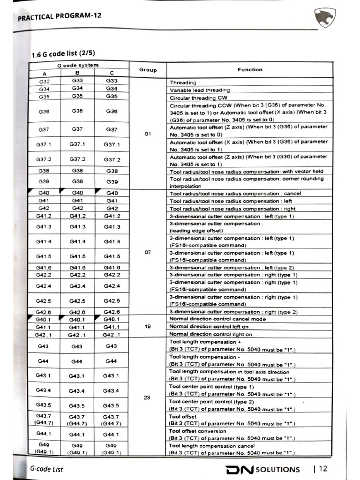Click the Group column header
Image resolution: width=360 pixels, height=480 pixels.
coord(148,70)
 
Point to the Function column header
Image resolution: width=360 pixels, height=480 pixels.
coord(250,70)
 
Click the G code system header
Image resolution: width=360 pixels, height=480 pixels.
coord(78,65)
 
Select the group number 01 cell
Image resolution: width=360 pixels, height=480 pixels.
coord(148,134)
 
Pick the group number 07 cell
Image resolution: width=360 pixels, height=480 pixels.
coord(148,252)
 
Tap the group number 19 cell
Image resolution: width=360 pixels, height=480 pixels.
coord(148,326)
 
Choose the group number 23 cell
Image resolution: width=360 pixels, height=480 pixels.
coord(147,397)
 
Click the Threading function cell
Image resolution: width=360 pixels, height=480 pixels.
coord(183,82)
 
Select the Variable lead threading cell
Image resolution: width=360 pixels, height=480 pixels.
coord(200,90)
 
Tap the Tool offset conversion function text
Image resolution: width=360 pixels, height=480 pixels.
coord(197,431)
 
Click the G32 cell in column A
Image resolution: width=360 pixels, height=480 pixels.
coord(45,82)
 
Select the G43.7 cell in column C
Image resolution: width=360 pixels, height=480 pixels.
coord(111,419)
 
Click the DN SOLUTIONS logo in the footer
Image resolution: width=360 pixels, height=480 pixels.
coord(262,469)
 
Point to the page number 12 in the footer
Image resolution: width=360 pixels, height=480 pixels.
coord(323,469)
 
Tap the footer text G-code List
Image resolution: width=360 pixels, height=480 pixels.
coord(46,469)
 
